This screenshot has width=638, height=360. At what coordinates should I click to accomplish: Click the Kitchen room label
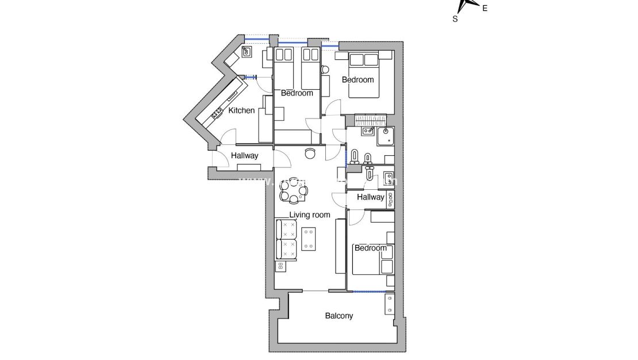point(241,110)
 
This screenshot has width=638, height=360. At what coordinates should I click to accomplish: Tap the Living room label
point(309,215)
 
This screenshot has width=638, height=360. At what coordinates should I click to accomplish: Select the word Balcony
point(339,316)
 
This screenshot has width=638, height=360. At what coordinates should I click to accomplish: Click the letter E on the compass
point(485,8)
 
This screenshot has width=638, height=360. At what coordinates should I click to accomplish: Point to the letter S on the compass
point(455,18)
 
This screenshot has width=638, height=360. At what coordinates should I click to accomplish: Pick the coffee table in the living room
point(309,240)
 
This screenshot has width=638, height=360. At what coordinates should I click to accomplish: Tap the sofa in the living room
point(285,239)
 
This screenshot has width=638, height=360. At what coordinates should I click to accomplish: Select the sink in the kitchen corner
point(247,53)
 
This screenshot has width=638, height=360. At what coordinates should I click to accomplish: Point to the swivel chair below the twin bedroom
point(310,153)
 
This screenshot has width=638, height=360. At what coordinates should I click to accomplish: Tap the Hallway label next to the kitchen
point(244,156)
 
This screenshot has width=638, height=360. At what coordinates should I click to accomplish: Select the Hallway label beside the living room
point(370,197)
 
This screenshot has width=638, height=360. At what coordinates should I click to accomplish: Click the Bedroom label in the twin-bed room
point(297,93)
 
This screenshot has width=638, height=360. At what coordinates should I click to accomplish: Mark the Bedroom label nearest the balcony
point(370,248)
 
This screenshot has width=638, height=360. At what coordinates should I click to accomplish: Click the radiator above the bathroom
point(371,119)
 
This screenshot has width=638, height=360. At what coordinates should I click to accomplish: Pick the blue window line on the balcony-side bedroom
point(369,292)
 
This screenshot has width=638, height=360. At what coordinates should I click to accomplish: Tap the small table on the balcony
point(390,303)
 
